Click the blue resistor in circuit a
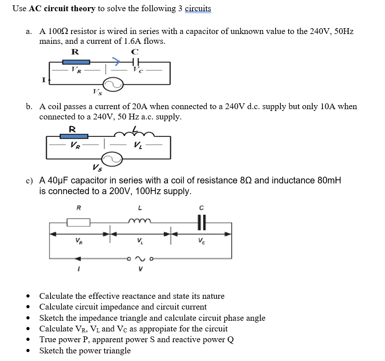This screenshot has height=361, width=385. point(75,62)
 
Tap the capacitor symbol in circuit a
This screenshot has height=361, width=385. point(136,61)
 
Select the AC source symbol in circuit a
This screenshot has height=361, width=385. point(113,84)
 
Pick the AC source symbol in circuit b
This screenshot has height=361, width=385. point(112,158)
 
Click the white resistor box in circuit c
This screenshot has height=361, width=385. point(79,222)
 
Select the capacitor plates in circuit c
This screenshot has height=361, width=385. point(201,221)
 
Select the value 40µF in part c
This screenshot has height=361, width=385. point(55,180)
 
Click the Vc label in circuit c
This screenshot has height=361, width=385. point(201,242)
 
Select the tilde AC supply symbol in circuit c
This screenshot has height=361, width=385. point(140,258)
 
